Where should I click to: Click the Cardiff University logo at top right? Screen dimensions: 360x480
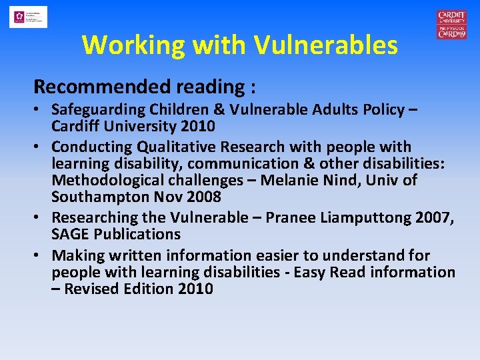451,25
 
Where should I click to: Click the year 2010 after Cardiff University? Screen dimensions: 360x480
197,126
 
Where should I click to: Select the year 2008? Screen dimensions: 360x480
204,197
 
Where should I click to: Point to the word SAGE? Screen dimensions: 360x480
70,234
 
